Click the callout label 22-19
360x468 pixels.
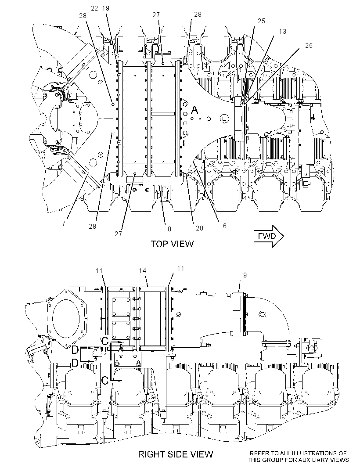[100, 8]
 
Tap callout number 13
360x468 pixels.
[282, 32]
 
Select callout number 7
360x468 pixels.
[64, 223]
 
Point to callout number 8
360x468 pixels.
[169, 229]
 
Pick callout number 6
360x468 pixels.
[224, 226]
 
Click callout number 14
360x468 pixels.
[143, 271]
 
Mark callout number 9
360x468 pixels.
[245, 275]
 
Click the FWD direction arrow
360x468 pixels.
[268, 236]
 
